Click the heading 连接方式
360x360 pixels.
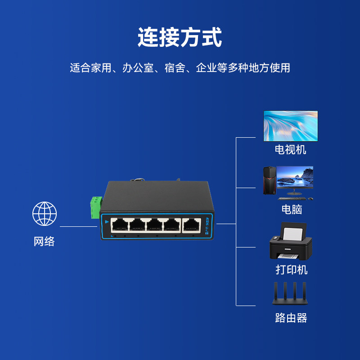point(180,38)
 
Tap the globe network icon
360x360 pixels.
point(45,214)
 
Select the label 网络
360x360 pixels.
point(45,241)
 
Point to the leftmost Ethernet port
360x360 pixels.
point(120,225)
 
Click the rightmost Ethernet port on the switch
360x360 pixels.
point(191,225)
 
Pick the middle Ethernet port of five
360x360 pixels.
point(155,225)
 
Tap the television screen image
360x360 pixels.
point(290,126)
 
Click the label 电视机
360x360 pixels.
point(291,149)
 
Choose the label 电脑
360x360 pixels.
point(291,209)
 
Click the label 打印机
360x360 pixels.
point(291,270)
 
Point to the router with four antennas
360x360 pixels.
point(290,295)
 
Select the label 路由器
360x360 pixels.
point(291,318)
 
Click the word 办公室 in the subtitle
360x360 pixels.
point(138,68)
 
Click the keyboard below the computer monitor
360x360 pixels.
point(292,198)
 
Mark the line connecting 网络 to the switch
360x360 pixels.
point(79,226)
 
